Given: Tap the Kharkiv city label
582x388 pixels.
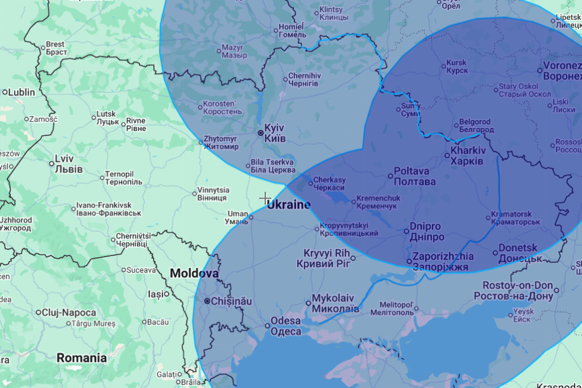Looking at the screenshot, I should (x=467, y=156).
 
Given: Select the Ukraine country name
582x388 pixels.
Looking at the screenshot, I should (x=289, y=205).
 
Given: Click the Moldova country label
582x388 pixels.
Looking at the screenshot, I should (x=194, y=274).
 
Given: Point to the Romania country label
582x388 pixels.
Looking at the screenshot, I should (x=81, y=358).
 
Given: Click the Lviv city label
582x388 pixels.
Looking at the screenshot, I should (x=69, y=164).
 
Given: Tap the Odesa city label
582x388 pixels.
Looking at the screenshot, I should (x=286, y=326).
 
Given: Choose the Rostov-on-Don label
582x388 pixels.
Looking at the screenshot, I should (x=518, y=291).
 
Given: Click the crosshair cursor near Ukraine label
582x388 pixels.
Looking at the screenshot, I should (x=265, y=198).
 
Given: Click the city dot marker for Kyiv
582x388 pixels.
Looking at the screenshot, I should (x=260, y=133).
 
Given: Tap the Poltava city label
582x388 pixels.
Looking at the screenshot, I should (x=415, y=176).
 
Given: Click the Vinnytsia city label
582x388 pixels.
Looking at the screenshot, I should (x=213, y=193).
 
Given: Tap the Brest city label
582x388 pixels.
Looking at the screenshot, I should (x=56, y=48).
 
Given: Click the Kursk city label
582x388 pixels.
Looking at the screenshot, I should (x=457, y=67).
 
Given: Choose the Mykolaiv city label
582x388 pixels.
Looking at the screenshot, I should (x=335, y=303).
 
